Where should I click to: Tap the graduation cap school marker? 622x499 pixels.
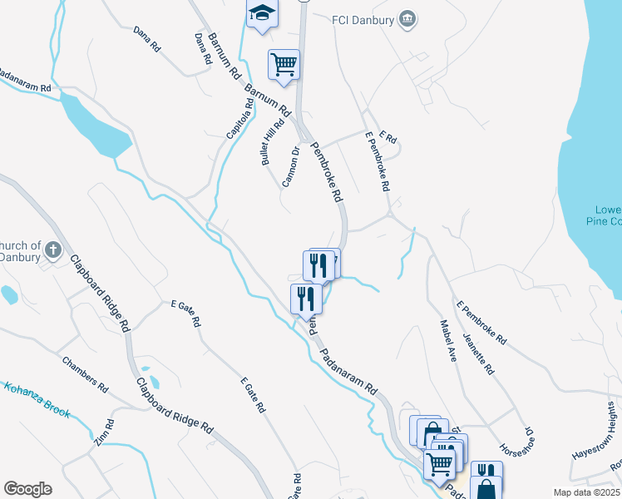pyautogui.click(x=262, y=15)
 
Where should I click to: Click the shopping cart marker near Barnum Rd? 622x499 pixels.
pyautogui.click(x=284, y=64)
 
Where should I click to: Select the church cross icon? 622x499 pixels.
pyautogui.click(x=52, y=249)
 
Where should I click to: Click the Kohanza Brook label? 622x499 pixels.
pyautogui.click(x=37, y=400)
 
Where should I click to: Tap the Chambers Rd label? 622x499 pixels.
pyautogui.click(x=85, y=374)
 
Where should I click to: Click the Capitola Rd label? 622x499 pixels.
pyautogui.click(x=239, y=121)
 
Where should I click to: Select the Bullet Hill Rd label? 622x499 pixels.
pyautogui.click(x=273, y=140)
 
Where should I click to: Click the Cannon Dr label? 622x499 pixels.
pyautogui.click(x=290, y=166)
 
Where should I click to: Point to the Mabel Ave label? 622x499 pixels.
pyautogui.click(x=449, y=341)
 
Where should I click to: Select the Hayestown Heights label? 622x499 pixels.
pyautogui.click(x=595, y=431)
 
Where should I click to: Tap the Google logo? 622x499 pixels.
pyautogui.click(x=27, y=489)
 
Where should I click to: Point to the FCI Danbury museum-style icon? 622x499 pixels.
pyautogui.click(x=407, y=18)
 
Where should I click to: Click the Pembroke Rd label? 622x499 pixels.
pyautogui.click(x=327, y=172)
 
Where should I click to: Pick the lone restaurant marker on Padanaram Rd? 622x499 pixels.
pyautogui.click(x=305, y=297)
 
